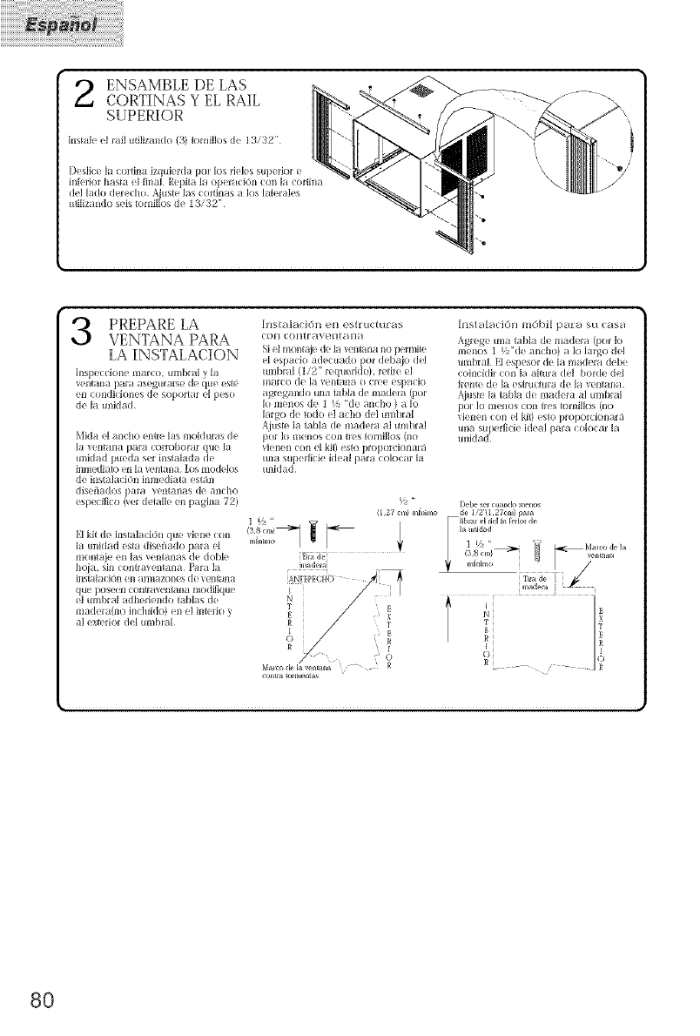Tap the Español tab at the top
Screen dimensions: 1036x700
coord(62,24)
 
